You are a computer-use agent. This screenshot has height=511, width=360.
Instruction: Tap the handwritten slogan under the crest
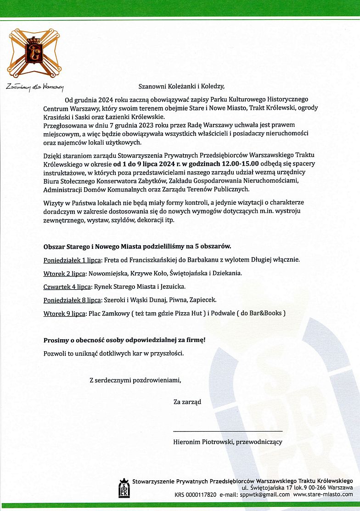coord(35,86)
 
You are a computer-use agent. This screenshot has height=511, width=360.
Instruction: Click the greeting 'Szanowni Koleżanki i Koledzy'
coord(182,85)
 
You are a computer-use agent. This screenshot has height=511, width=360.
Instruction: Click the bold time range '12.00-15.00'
coord(241,163)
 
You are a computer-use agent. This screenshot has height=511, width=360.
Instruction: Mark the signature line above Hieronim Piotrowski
coord(228,431)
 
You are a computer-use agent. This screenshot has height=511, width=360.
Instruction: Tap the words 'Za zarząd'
coord(187,402)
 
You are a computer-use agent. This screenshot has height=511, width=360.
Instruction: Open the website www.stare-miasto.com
coord(323,494)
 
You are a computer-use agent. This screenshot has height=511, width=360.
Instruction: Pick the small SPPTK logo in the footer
coord(124,489)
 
